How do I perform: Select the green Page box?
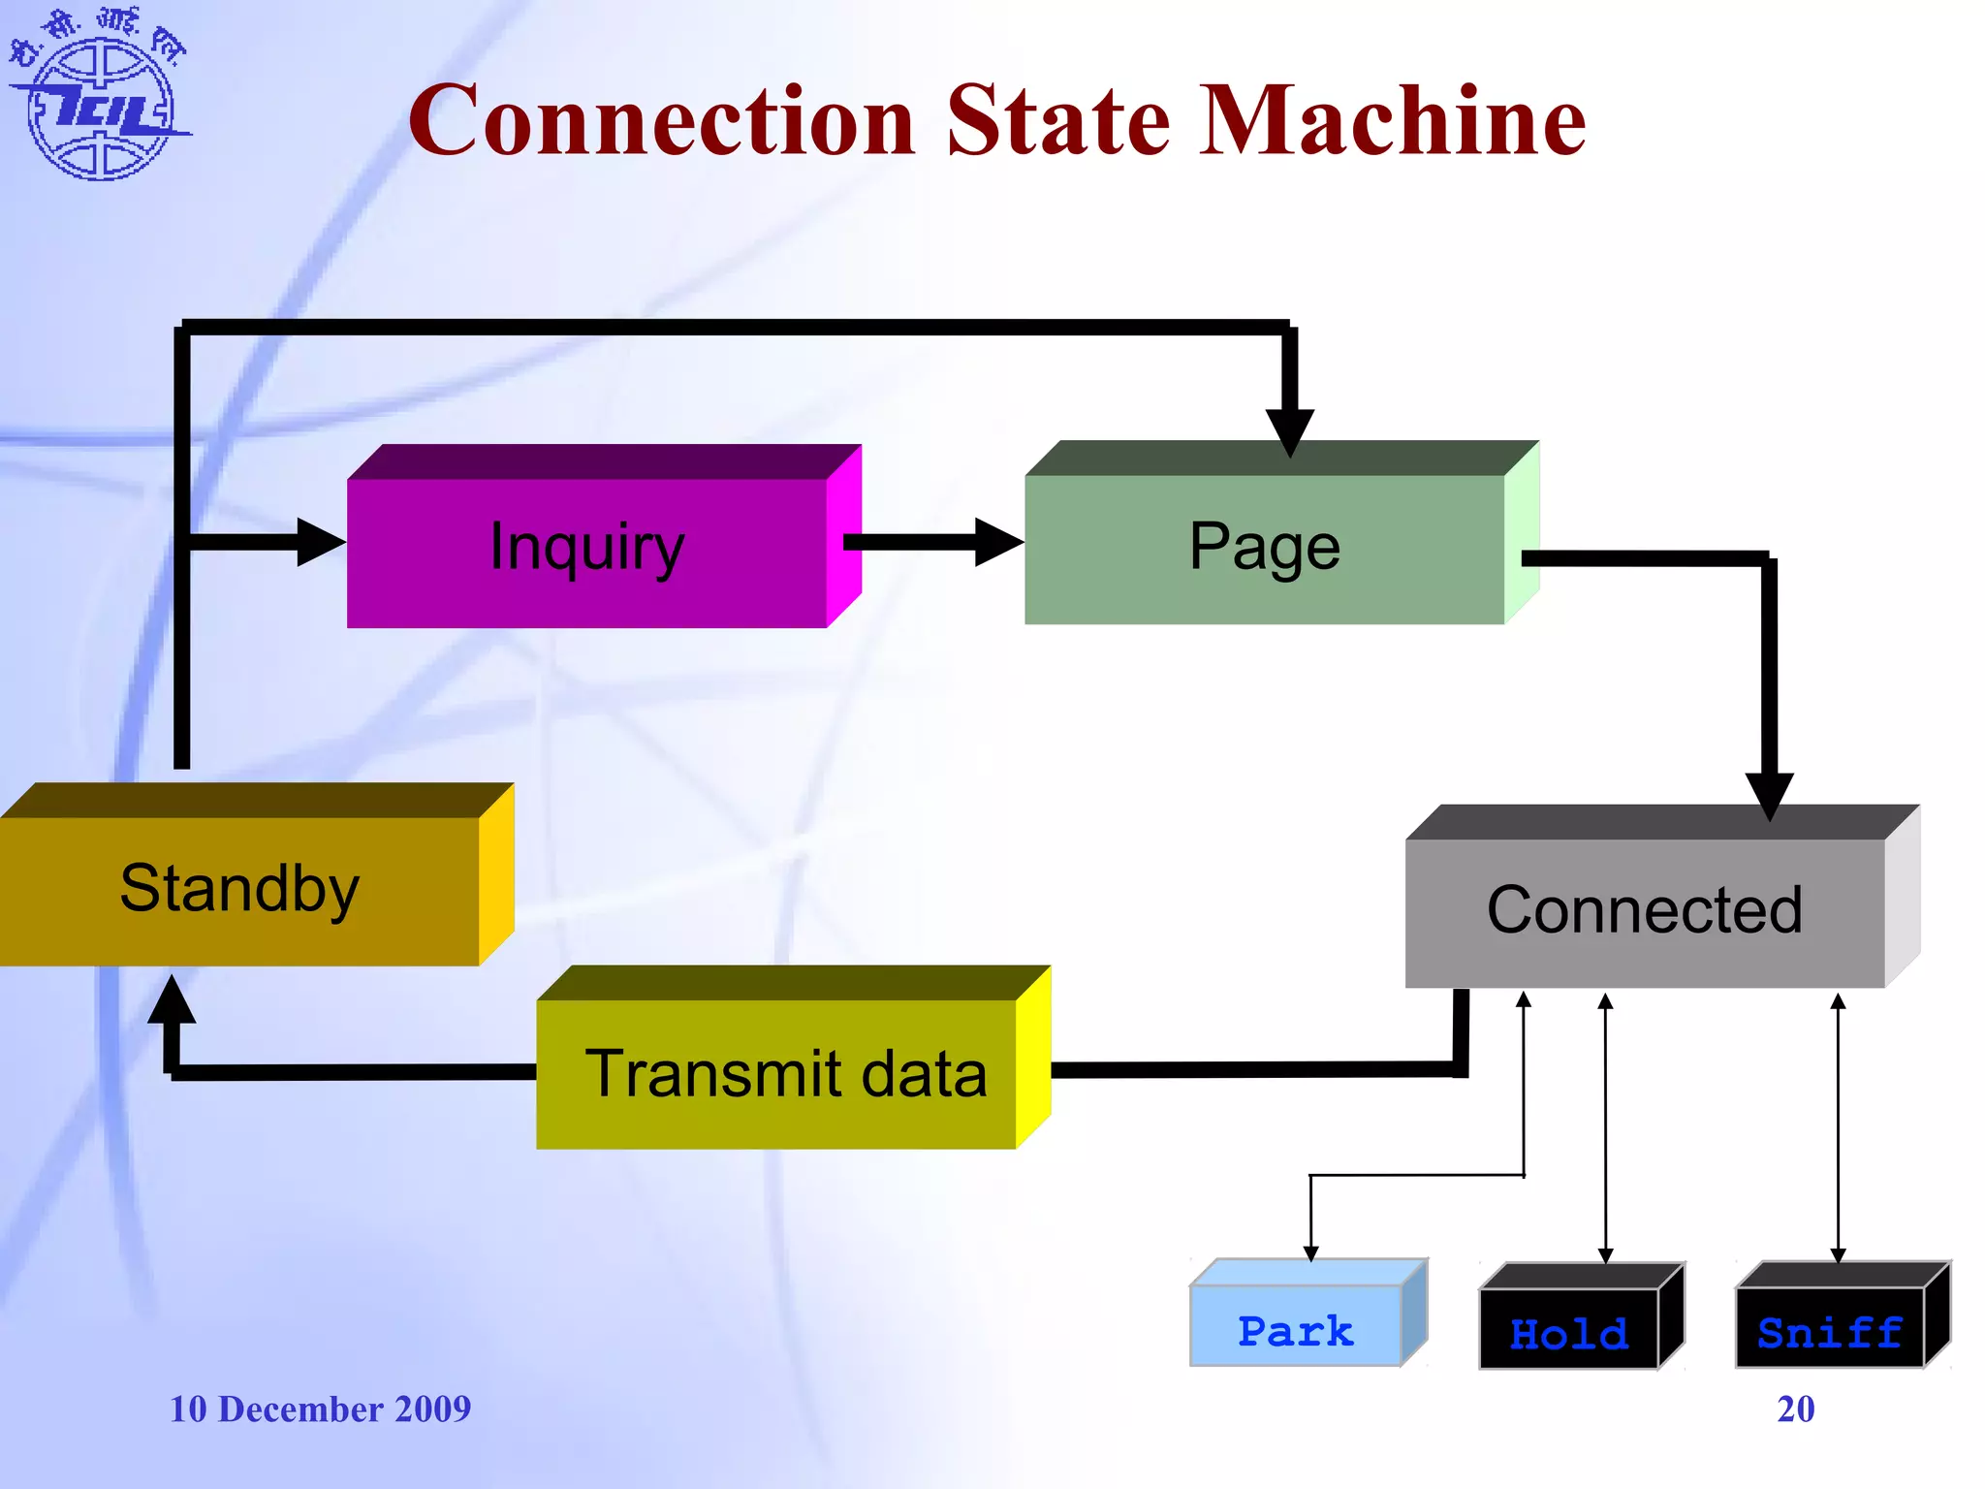point(1264,549)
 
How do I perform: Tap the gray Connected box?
point(1645,911)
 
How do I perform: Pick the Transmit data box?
point(785,1074)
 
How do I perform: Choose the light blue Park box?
point(1296,1327)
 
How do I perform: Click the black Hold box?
point(1569,1329)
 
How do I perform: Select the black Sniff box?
point(1830,1329)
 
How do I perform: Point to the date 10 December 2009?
point(320,1409)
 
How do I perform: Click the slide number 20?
point(1795,1409)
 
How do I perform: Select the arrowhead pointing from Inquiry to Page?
point(996,542)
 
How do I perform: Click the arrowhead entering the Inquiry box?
point(319,542)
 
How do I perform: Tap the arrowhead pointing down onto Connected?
point(1769,794)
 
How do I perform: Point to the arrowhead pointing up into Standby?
point(173,1000)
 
